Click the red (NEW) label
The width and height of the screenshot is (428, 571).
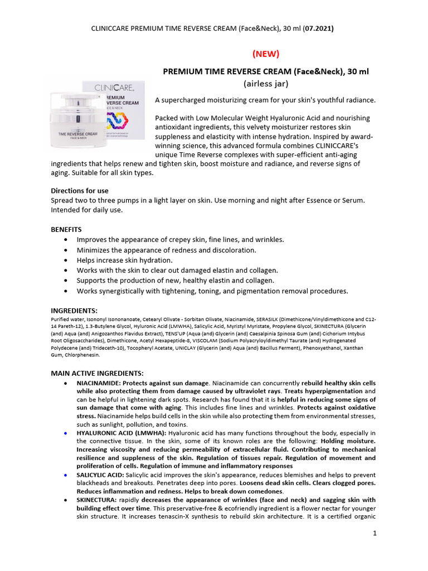[x=265, y=54]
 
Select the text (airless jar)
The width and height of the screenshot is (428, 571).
[x=265, y=84]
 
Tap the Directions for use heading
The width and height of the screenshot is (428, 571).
[x=80, y=191]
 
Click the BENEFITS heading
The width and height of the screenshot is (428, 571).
[x=66, y=229]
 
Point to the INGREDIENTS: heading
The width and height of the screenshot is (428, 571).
[x=74, y=310]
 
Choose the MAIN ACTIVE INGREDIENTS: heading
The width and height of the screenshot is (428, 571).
[x=98, y=373]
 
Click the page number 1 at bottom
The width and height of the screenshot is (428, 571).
[x=375, y=534]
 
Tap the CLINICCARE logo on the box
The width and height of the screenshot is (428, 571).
[x=114, y=88]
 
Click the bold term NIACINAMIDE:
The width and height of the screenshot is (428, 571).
[x=99, y=384]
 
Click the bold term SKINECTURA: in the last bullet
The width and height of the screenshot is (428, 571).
[x=96, y=500]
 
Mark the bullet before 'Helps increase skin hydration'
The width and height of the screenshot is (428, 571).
[x=67, y=260]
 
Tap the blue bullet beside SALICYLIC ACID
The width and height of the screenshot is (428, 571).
[x=66, y=475]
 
